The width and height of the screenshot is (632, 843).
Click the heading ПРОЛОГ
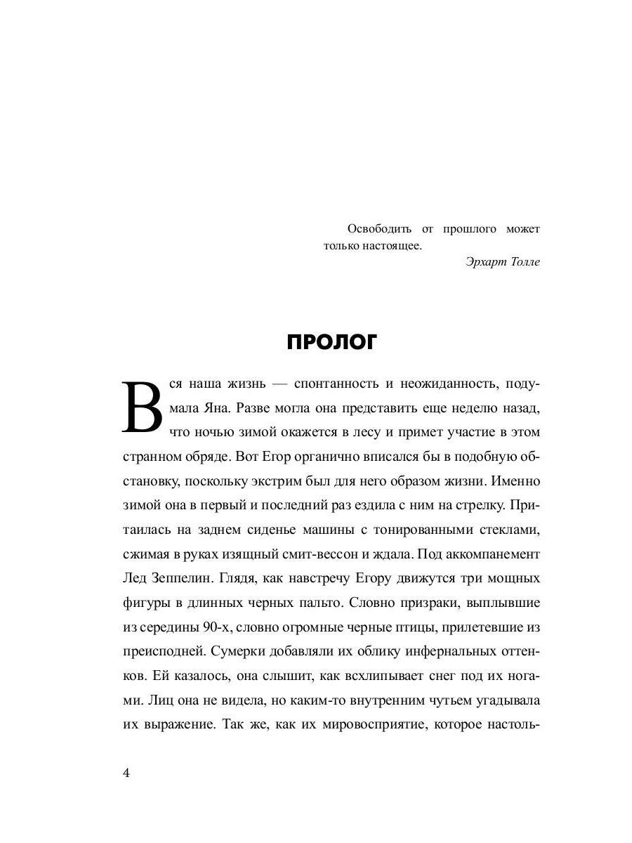pyautogui.click(x=332, y=342)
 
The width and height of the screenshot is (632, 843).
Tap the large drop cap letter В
pyautogui.click(x=143, y=407)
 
